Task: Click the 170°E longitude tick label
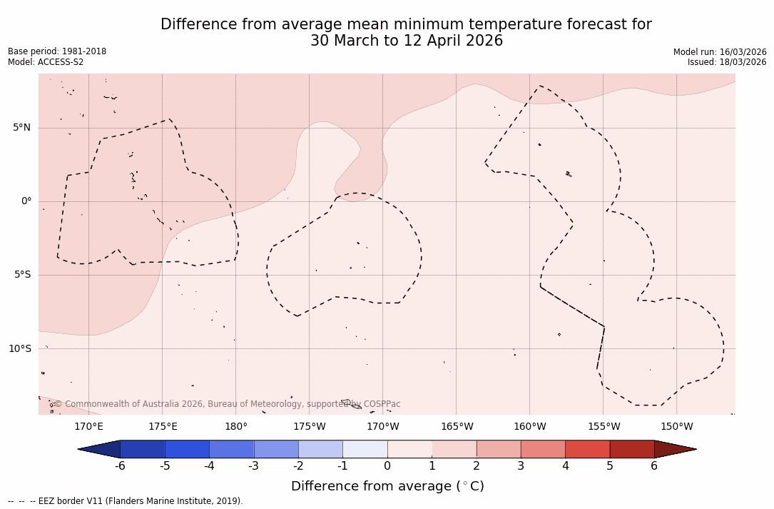click(88, 427)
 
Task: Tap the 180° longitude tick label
click(236, 427)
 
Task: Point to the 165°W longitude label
click(457, 427)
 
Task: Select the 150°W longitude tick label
click(677, 427)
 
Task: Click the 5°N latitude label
click(21, 128)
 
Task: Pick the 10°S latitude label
click(19, 349)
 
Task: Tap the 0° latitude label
click(26, 201)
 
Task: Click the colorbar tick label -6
click(120, 466)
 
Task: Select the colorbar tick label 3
click(521, 466)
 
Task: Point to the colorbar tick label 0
click(387, 466)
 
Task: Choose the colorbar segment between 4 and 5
click(587, 449)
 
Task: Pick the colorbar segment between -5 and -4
click(187, 449)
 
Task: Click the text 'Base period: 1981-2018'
click(57, 51)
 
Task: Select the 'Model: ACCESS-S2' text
click(46, 62)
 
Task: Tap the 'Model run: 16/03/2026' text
click(720, 52)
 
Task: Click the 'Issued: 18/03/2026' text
click(727, 62)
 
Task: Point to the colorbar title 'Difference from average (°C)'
click(387, 487)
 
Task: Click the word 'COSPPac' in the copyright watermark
click(382, 404)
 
